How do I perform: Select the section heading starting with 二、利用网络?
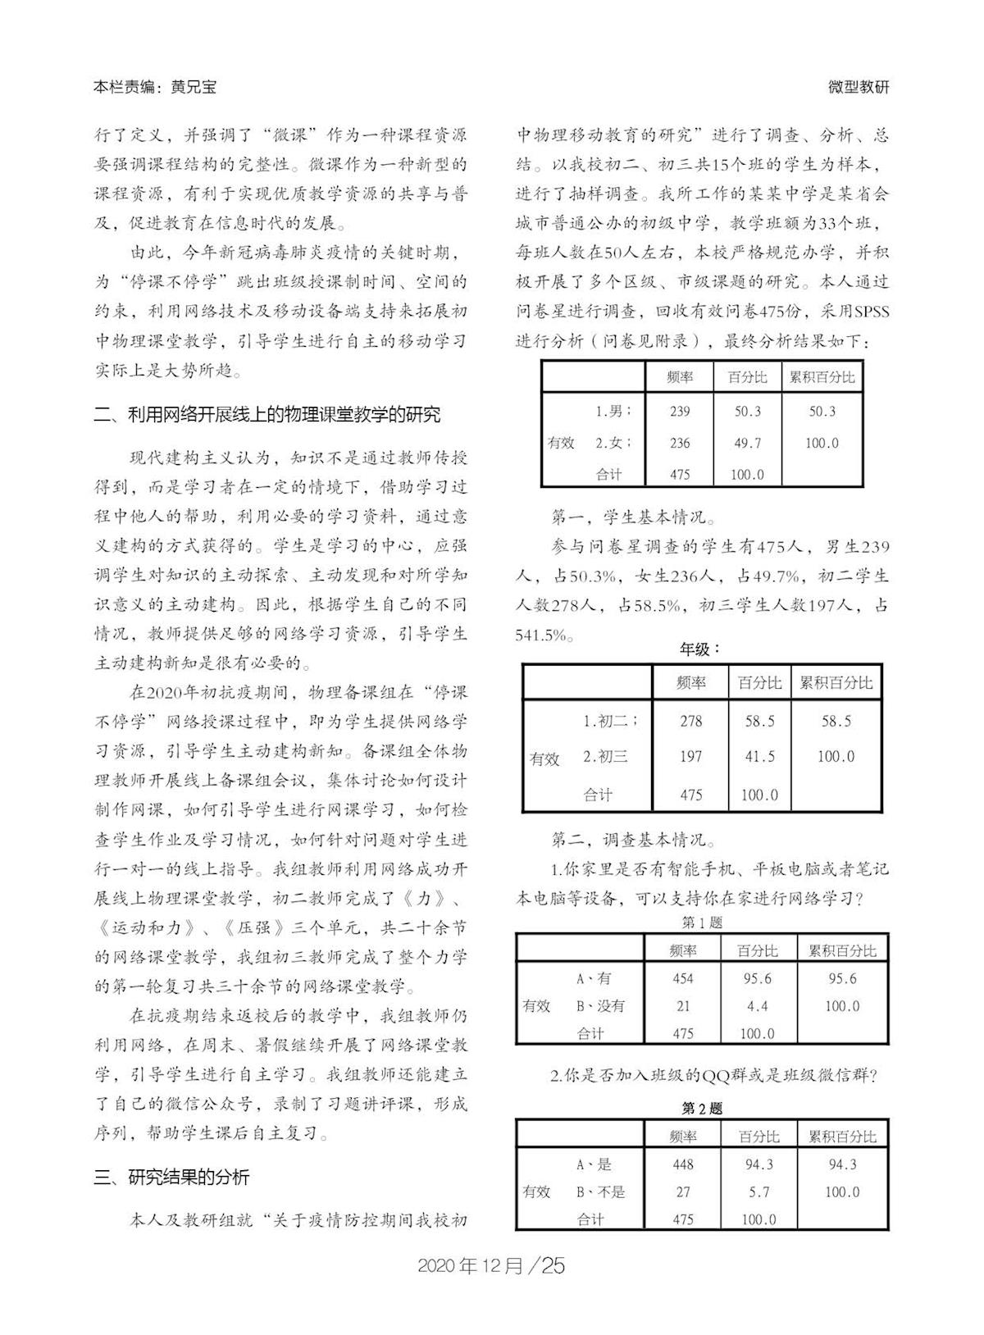[x=267, y=414]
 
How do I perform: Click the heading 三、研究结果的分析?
[x=171, y=1178]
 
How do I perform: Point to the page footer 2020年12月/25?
[x=491, y=1265]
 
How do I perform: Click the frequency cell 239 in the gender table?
[x=680, y=412]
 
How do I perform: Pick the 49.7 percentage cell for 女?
[x=747, y=443]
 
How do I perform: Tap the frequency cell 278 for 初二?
[x=691, y=721]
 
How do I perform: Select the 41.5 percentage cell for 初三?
[x=759, y=757]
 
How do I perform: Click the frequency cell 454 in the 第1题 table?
[x=683, y=978]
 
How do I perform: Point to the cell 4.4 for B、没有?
[x=758, y=1006]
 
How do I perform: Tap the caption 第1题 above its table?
[x=702, y=923]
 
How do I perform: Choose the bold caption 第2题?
[x=702, y=1108]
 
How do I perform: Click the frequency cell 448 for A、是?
[x=683, y=1164]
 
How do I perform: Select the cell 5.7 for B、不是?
[x=758, y=1192]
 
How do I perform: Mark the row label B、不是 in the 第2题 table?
[x=600, y=1192]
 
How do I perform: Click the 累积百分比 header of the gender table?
[x=822, y=377]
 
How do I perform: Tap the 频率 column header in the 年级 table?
[x=691, y=683]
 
